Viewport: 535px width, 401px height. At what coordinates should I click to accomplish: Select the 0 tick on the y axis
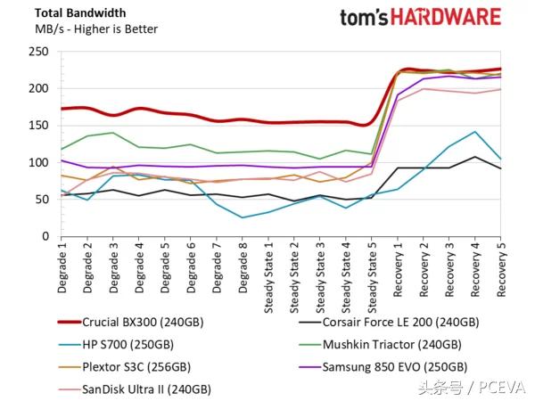coord(43,236)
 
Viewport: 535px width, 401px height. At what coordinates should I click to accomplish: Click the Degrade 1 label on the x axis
coord(62,268)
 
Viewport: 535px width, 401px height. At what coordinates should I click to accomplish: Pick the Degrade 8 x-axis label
coord(243,268)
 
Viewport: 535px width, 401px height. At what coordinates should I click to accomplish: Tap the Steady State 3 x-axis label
coord(319,277)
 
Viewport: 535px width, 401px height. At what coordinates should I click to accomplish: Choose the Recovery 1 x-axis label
coord(397,271)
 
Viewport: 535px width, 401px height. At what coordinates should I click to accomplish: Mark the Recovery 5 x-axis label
coord(500,271)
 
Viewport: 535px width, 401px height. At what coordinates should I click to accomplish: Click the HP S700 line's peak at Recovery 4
coord(474,132)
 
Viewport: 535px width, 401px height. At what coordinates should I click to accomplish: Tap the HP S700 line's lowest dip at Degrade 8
coord(243,217)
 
